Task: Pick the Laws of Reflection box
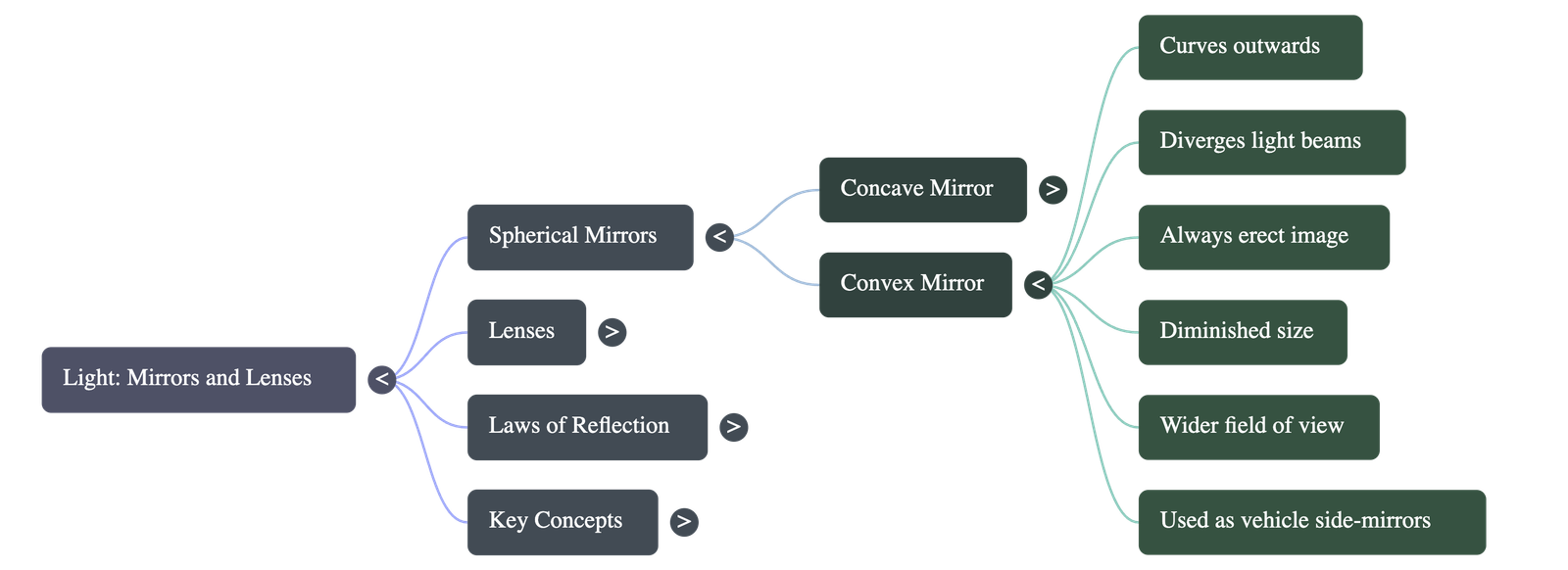pyautogui.click(x=586, y=427)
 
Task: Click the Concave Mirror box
pyautogui.click(x=922, y=189)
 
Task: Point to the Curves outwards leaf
pyautogui.click(x=1249, y=47)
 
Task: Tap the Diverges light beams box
pyautogui.click(x=1271, y=142)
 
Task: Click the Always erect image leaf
pyautogui.click(x=1263, y=237)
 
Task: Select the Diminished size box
pyautogui.click(x=1242, y=332)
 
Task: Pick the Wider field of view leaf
pyautogui.click(x=1258, y=427)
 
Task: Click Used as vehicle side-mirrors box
pyautogui.click(x=1311, y=522)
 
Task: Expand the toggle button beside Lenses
pyautogui.click(x=612, y=332)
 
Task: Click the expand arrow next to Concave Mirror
pyautogui.click(x=1053, y=189)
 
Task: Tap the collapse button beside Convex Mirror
pyautogui.click(x=1038, y=284)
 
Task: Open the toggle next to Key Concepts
pyautogui.click(x=684, y=522)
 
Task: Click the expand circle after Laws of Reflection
pyautogui.click(x=733, y=427)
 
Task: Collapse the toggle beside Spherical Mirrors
pyautogui.click(x=719, y=237)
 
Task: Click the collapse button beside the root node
pyautogui.click(x=382, y=379)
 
